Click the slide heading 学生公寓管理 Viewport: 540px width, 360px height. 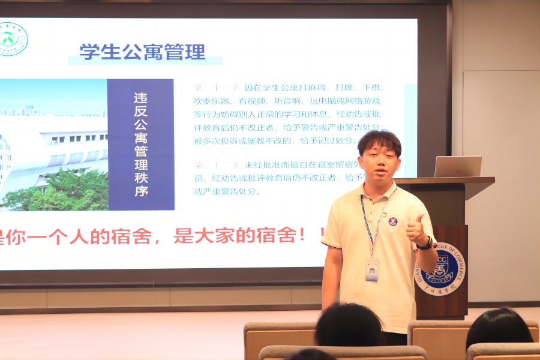(142, 52)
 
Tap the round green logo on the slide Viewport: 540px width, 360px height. (11, 39)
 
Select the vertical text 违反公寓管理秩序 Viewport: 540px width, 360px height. (141, 145)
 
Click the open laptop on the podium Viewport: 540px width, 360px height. (458, 166)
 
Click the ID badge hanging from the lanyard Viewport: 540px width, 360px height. (372, 270)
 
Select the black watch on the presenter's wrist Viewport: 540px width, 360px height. (427, 243)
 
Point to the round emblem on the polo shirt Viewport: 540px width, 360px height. (393, 221)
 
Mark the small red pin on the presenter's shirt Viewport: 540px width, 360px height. (385, 212)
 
